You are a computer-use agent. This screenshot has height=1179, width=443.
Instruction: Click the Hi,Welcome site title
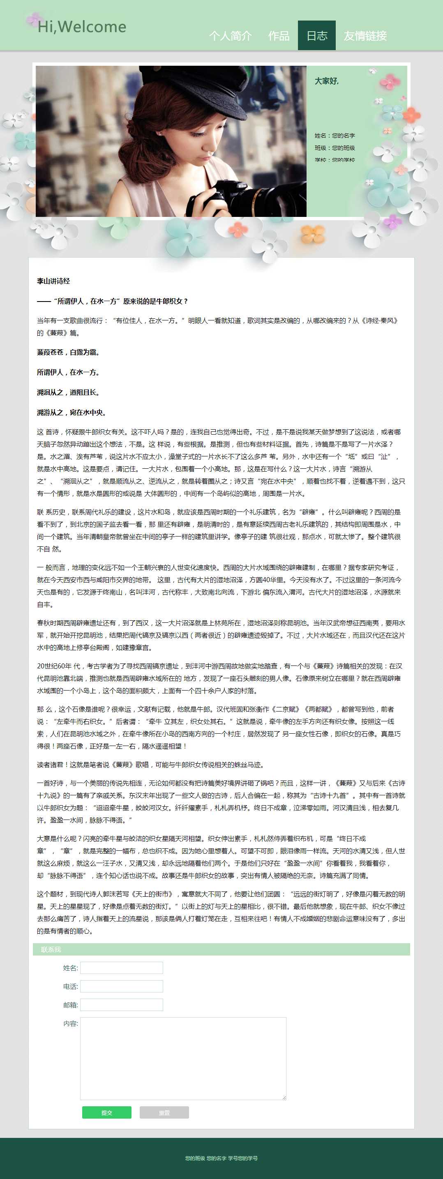pos(81,27)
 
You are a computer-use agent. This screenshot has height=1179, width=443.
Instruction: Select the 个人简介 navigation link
pos(230,36)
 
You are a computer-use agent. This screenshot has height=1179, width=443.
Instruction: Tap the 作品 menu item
pos(278,36)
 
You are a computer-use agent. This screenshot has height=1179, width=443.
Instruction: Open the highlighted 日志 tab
pos(317,36)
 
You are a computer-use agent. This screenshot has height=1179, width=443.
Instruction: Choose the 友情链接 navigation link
pos(365,36)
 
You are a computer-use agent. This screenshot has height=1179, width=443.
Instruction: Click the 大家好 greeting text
pos(326,81)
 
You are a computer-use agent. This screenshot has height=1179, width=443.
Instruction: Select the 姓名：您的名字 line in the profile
pos(335,136)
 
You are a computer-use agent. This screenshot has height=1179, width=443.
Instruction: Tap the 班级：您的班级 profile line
pos(335,148)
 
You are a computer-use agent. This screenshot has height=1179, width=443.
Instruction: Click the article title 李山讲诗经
pos(53,281)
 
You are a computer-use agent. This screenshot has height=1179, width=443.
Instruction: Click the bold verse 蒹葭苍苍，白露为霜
pos(68,352)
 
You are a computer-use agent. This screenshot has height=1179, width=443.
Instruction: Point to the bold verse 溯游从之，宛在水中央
pos(72,412)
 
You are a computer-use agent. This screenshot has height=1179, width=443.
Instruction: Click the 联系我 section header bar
pos(221,949)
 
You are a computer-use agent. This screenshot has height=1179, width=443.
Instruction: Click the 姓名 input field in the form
pos(121,967)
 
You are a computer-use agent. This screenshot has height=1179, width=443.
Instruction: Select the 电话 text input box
pos(121,986)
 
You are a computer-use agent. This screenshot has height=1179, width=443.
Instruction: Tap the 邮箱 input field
pos(121,1005)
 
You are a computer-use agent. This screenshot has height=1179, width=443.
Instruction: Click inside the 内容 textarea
pos(183,1058)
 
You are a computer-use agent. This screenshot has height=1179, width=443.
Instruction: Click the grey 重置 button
pos(164,1112)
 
